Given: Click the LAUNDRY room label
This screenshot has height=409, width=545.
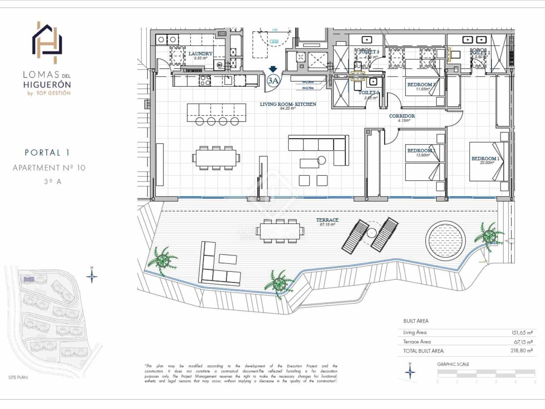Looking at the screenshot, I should pos(200,54).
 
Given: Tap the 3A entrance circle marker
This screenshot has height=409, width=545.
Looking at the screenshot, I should pos(273,81).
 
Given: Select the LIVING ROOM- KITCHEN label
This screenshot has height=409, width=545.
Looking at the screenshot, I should pos(288,104).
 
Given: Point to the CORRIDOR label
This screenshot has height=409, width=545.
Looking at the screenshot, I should pos(402,116).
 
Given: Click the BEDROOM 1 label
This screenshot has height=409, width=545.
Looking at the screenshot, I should pos(485,158).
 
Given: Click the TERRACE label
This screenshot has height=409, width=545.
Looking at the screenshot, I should pos(327,220).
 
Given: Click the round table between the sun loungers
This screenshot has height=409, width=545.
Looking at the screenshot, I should pos(371,233).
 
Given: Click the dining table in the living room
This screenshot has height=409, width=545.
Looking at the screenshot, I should pos(216,158).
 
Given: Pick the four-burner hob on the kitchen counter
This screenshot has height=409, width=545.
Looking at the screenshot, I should pos(205,80).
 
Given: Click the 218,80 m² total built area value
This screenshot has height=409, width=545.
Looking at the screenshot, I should pos(521,350).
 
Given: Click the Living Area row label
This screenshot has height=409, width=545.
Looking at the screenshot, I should pos(415,332).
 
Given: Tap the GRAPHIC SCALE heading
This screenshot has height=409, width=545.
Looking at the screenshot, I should pos(453,364).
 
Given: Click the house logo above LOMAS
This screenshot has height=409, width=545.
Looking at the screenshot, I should pos(47,43).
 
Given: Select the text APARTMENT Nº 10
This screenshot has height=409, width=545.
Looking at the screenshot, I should pos(49,168).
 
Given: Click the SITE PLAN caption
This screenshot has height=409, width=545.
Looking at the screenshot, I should pos(18,377).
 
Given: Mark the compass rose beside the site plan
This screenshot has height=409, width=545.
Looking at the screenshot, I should pos(92,275).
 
